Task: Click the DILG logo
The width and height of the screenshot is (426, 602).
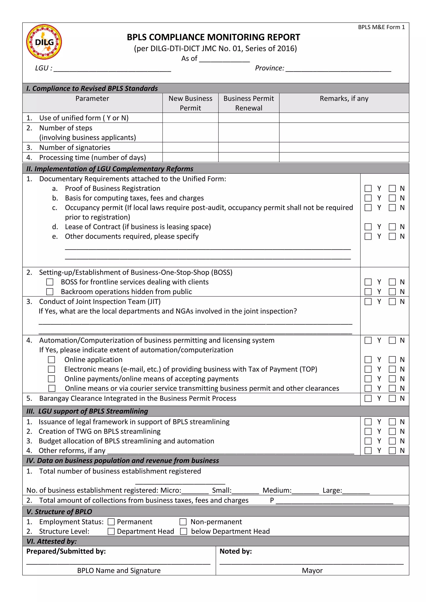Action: click(44, 42)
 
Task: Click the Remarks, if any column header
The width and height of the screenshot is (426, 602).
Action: click(344, 99)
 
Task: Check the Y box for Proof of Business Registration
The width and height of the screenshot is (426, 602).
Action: click(368, 189)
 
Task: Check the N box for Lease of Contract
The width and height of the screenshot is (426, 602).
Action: click(392, 227)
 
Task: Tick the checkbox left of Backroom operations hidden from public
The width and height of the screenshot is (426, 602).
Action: click(50, 292)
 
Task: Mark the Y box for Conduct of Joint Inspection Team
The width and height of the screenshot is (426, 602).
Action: click(368, 302)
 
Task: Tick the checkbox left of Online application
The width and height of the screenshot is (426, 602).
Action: click(51, 359)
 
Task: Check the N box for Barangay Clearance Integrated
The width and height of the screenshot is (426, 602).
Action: click(392, 398)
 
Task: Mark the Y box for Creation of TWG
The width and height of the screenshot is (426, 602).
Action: click(368, 431)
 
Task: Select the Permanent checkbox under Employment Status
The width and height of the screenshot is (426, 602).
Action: click(111, 522)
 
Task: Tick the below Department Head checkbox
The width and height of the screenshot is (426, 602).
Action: click(183, 532)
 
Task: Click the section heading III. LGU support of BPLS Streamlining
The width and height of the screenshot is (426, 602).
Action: click(87, 411)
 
